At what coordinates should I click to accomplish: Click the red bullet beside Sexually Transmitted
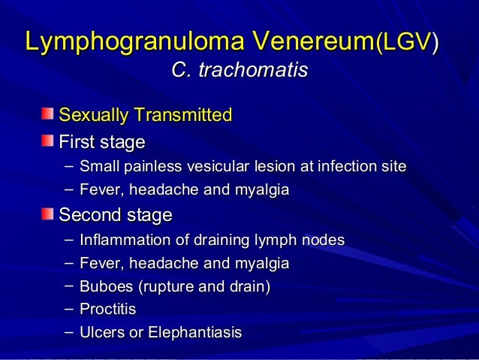(x=47, y=114)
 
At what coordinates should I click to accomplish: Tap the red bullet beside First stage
(x=47, y=141)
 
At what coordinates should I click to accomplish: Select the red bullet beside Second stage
(x=47, y=215)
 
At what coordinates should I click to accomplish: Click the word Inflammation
(x=117, y=241)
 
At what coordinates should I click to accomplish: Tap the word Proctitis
(x=108, y=309)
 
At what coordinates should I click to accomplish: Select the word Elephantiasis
(x=193, y=332)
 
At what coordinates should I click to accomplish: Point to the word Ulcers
(x=101, y=332)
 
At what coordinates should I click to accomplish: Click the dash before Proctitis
(x=70, y=308)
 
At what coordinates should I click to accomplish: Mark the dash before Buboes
(x=70, y=285)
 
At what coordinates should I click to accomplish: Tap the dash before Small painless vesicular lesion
(x=70, y=165)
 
